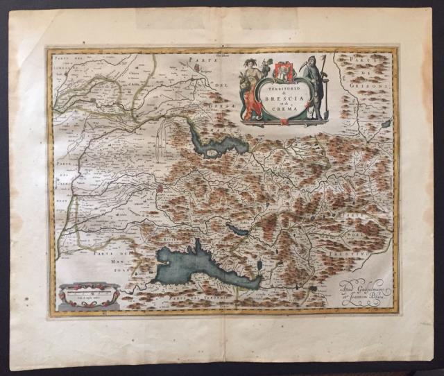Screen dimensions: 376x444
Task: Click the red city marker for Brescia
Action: (x=160, y=187)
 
